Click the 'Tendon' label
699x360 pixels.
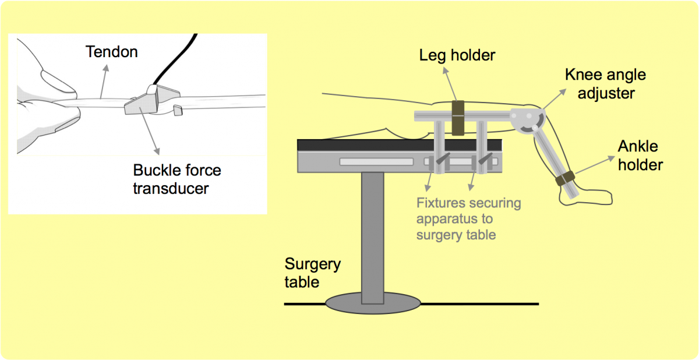click(x=111, y=52)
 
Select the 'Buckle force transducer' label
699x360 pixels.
click(x=177, y=179)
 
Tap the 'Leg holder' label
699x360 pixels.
click(x=457, y=56)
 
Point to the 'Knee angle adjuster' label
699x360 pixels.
click(x=605, y=84)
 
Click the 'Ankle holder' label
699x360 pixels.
click(x=640, y=157)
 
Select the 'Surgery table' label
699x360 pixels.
click(x=312, y=273)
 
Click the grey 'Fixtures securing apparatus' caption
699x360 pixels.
click(x=468, y=220)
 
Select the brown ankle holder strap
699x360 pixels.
click(x=565, y=178)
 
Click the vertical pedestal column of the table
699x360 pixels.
click(x=372, y=233)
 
